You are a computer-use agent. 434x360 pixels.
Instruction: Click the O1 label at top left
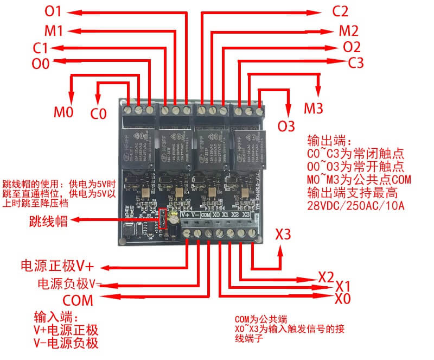coord(54,11)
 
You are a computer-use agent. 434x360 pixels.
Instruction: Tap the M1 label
coord(53,30)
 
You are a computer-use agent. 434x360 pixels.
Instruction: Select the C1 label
coord(43,47)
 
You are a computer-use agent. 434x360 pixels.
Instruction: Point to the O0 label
coord(41,64)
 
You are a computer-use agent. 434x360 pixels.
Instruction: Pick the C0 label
coord(98,114)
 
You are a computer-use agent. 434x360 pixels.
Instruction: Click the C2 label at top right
coord(340,11)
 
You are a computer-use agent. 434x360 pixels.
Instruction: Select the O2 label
coord(352,47)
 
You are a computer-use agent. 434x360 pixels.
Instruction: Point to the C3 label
coord(356,63)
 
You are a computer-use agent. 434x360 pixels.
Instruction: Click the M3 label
coord(314,108)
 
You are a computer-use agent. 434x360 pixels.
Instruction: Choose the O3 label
coord(286,125)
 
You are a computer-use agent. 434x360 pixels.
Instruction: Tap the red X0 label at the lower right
coord(343,299)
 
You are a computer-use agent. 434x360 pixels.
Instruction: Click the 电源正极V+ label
coord(58,266)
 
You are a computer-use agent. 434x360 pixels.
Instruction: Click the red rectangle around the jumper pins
coord(161,221)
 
